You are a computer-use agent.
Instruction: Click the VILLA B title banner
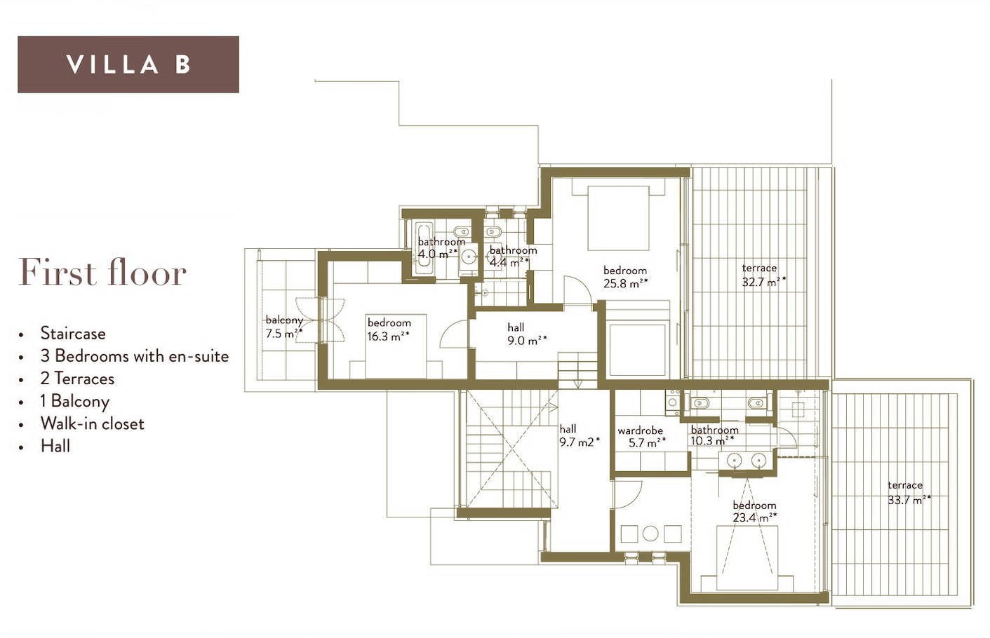pos(128,65)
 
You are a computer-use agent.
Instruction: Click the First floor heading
pos(102,273)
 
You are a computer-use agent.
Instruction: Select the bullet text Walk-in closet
pos(93,424)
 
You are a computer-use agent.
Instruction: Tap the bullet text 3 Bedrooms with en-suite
pos(135,356)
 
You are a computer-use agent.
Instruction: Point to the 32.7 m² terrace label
pos(763,275)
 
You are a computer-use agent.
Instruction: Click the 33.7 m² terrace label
pos(909,493)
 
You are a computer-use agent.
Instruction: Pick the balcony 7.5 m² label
pos(284,327)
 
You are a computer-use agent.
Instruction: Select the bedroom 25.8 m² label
pos(625,277)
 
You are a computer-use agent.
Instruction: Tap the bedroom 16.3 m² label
pos(389,330)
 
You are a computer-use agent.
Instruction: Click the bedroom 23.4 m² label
pos(754,511)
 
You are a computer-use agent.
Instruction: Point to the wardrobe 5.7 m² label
pos(641,436)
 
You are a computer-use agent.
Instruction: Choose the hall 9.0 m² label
pos(527,334)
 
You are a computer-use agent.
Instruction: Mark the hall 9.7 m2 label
pos(580,435)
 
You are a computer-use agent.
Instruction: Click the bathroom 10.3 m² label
pos(714,435)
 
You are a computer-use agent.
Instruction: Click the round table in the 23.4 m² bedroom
pos(650,534)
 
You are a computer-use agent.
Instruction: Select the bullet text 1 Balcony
pos(74,402)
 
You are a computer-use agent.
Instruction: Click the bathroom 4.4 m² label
pos(513,256)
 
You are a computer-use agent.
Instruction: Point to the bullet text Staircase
pos(73,333)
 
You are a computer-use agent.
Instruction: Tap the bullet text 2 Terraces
pos(77,379)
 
